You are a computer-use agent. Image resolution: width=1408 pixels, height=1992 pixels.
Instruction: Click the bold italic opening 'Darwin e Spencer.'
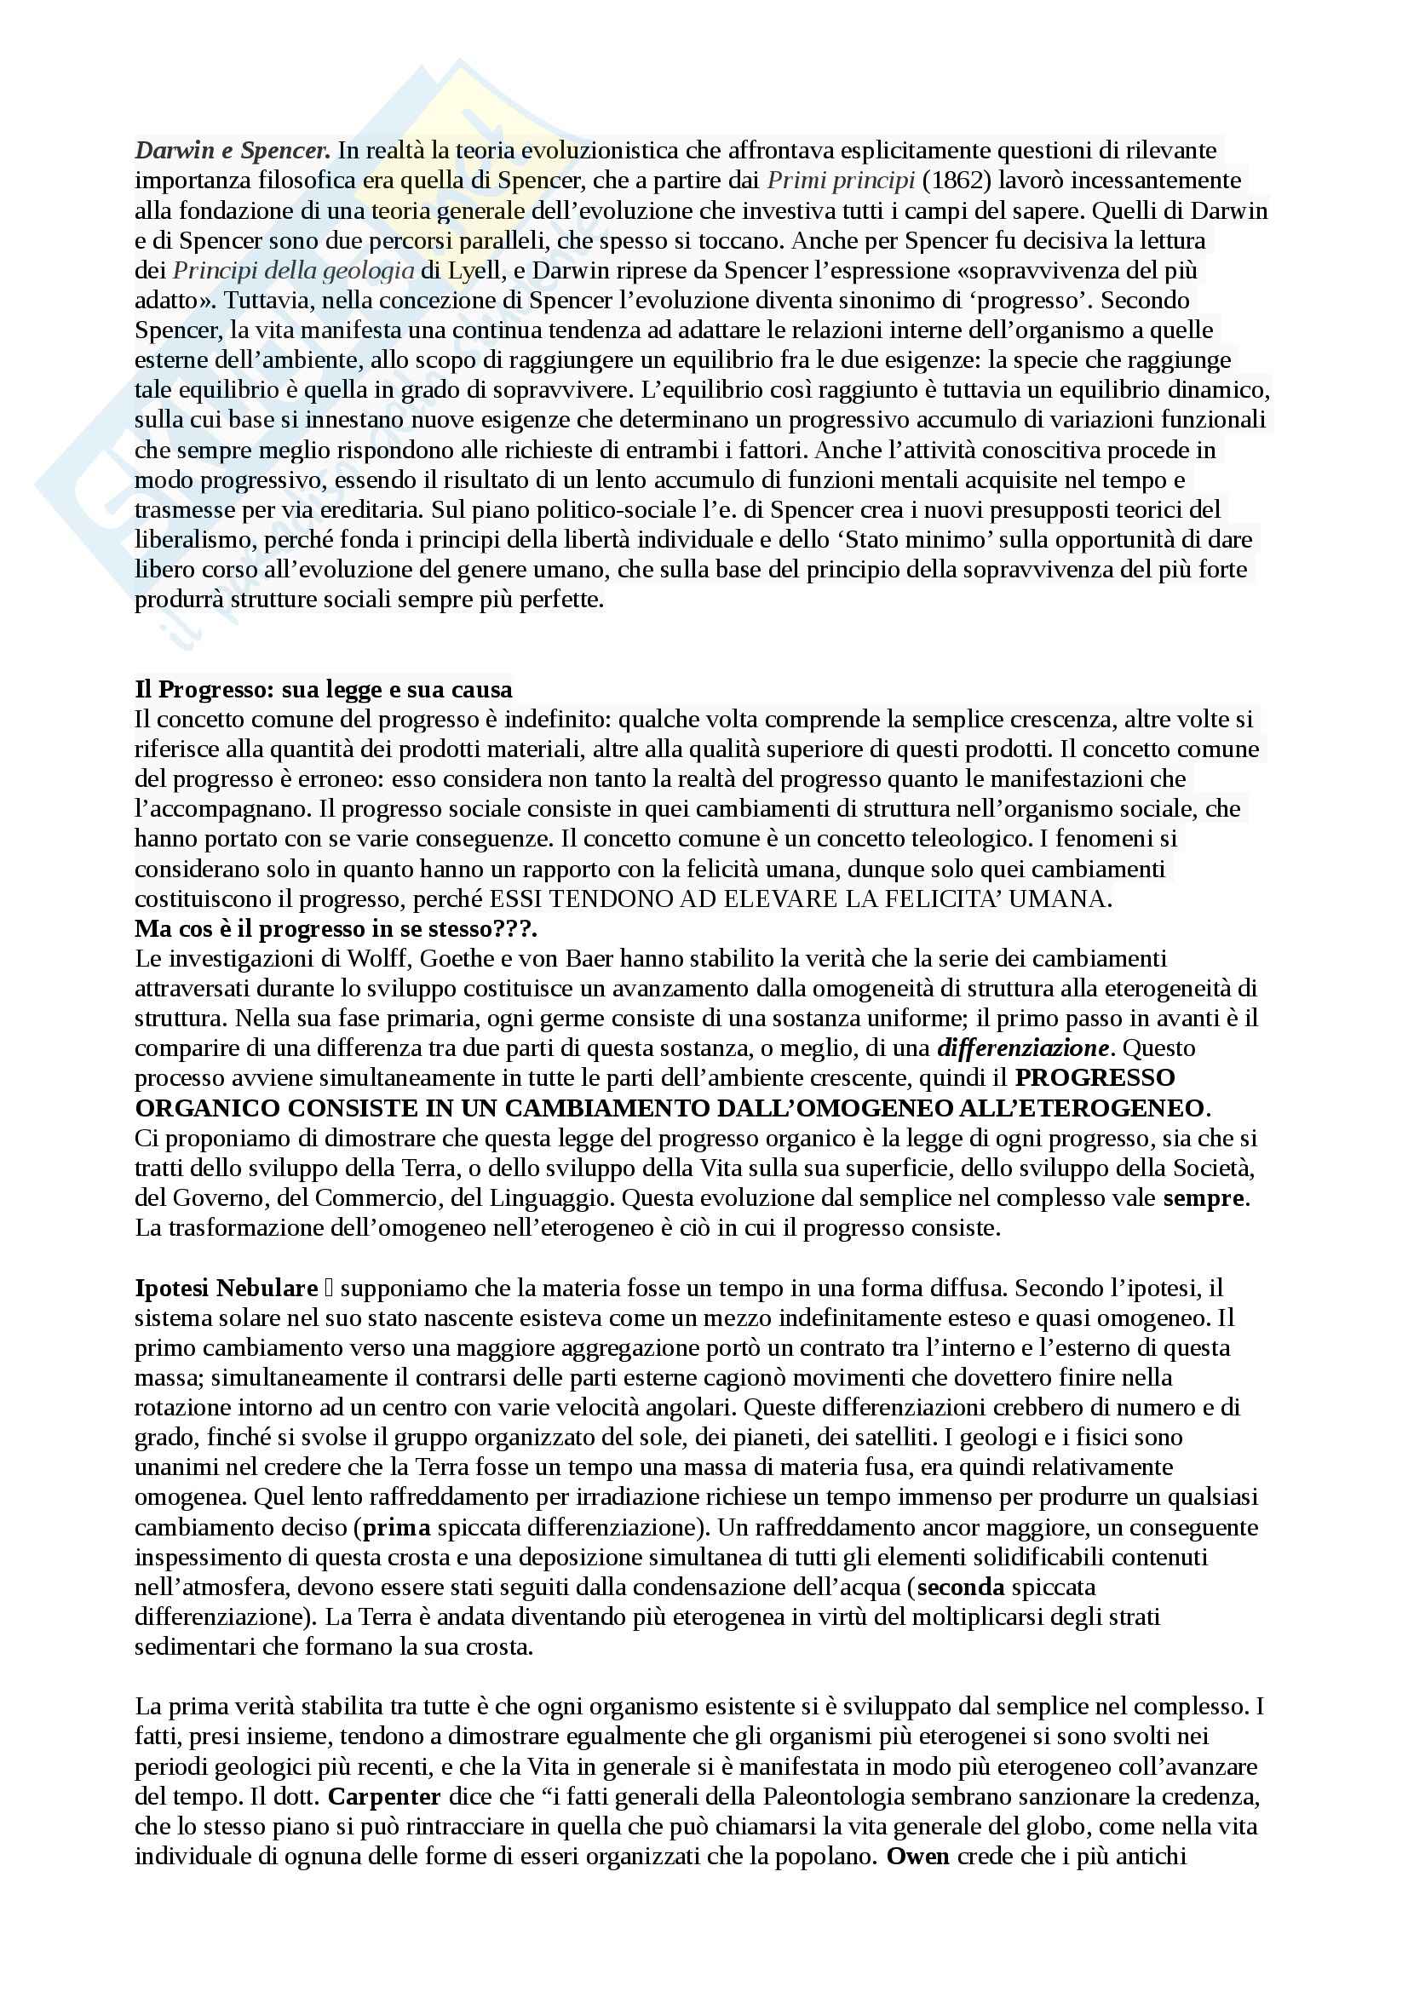point(233,151)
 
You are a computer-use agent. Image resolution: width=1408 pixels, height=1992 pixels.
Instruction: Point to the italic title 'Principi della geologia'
point(293,271)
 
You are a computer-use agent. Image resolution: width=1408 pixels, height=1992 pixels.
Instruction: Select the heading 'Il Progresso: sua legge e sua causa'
point(324,690)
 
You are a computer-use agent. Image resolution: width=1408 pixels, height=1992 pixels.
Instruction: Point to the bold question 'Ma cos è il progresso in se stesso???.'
point(336,928)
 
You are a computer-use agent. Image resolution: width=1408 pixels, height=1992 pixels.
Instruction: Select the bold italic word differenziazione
point(1023,1048)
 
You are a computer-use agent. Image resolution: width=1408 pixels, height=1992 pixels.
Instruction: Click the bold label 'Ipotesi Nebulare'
point(227,1289)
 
